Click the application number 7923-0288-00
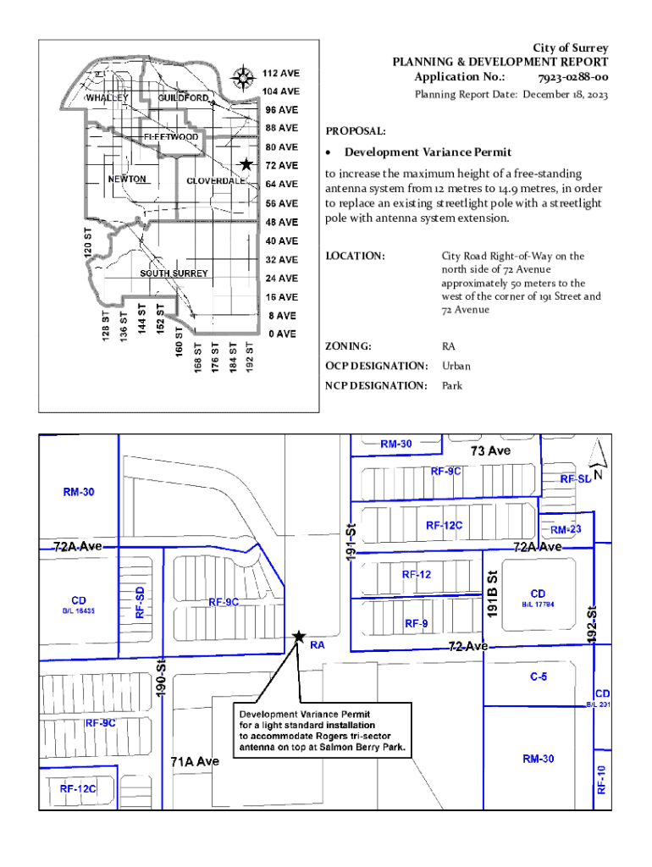(x=572, y=78)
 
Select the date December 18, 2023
(x=565, y=95)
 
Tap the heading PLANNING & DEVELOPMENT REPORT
(x=500, y=63)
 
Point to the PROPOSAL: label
(x=356, y=132)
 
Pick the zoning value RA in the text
(x=448, y=346)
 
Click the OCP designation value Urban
(x=456, y=366)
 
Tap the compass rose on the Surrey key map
(x=244, y=78)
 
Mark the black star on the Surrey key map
(x=246, y=164)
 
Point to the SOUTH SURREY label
(x=174, y=273)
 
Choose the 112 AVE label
(x=279, y=73)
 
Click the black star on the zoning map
(x=298, y=636)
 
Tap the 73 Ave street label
(x=490, y=451)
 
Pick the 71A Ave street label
(x=196, y=761)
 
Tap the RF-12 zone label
(x=417, y=574)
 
